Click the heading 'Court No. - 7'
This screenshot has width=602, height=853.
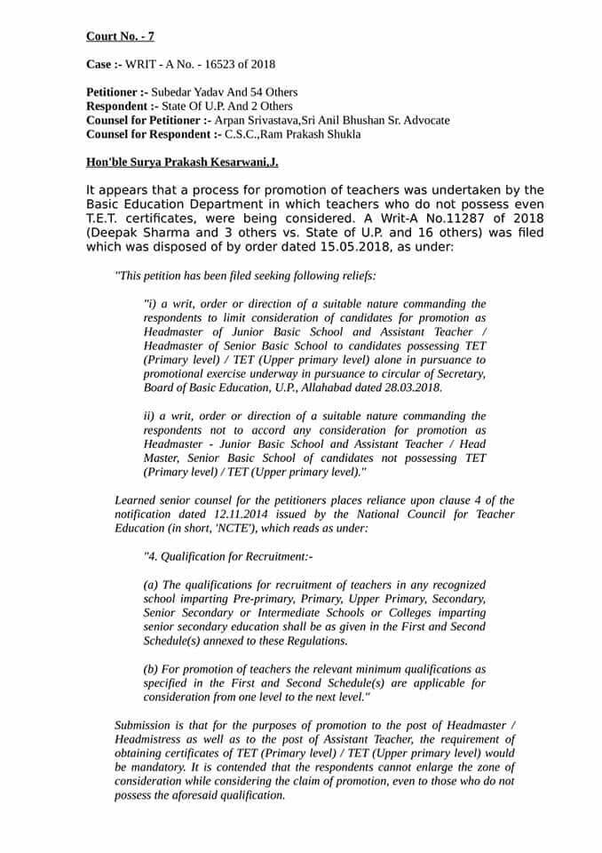(120, 36)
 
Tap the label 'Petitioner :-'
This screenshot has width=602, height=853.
(117, 92)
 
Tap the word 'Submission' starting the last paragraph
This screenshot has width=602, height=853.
(145, 726)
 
